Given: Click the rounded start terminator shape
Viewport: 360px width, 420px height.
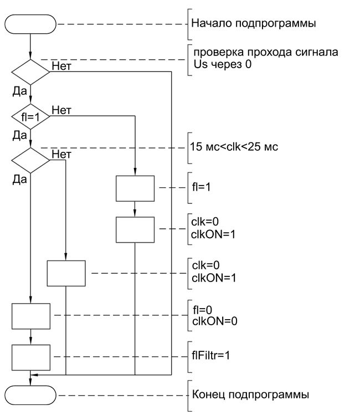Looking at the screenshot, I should [x=30, y=24].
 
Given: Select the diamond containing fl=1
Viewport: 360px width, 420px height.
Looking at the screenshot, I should [x=30, y=117].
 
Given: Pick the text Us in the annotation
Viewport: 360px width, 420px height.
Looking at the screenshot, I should [x=199, y=64].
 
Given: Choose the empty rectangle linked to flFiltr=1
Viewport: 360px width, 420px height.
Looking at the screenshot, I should [x=30, y=357].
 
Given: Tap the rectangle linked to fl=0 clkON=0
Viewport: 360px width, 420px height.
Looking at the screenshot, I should [x=30, y=316].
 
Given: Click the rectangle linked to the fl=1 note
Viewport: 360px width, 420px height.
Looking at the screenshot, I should [x=135, y=189].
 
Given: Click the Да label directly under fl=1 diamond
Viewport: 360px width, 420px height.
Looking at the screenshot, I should [x=19, y=135].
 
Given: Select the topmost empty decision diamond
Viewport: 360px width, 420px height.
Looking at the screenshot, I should [x=30, y=71].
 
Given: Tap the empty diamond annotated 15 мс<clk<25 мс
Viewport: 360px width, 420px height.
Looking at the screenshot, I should [x=30, y=160].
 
